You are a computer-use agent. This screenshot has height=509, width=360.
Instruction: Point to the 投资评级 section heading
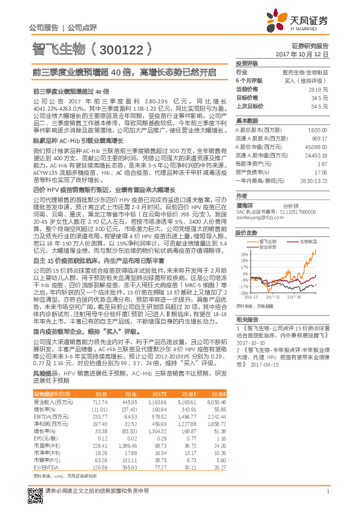(247, 63)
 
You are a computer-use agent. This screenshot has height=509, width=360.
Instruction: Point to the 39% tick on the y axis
(244, 254)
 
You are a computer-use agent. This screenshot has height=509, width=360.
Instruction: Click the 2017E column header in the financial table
(159, 394)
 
